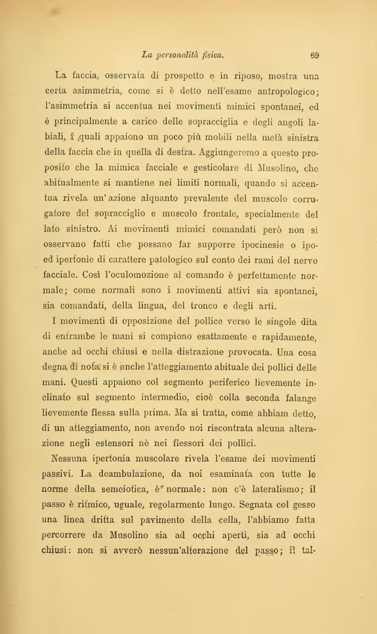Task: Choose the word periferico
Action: tap(201, 385)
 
